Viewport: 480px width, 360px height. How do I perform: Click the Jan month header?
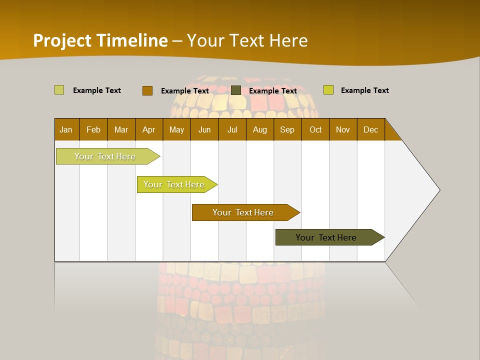(66, 129)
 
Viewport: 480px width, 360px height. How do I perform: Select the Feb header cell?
(93, 129)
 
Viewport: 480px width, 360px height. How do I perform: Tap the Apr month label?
(149, 129)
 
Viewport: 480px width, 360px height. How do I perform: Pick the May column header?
(176, 129)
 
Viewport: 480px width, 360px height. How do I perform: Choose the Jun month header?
(204, 129)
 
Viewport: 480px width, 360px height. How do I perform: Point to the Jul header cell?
(232, 129)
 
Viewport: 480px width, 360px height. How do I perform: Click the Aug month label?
(260, 129)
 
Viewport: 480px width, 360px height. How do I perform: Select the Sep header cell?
(287, 129)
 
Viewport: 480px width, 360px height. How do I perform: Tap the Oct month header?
(315, 129)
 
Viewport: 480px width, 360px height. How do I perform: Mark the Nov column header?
(343, 129)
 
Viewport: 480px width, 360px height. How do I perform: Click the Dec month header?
(371, 129)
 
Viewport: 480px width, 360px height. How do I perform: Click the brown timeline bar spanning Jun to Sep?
(243, 212)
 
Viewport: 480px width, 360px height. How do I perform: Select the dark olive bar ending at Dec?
(326, 237)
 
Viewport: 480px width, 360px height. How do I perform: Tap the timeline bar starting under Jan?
(105, 156)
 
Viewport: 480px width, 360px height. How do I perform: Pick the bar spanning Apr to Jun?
(174, 184)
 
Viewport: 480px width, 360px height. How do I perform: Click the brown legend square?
(147, 90)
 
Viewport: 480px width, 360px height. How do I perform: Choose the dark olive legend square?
(236, 90)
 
